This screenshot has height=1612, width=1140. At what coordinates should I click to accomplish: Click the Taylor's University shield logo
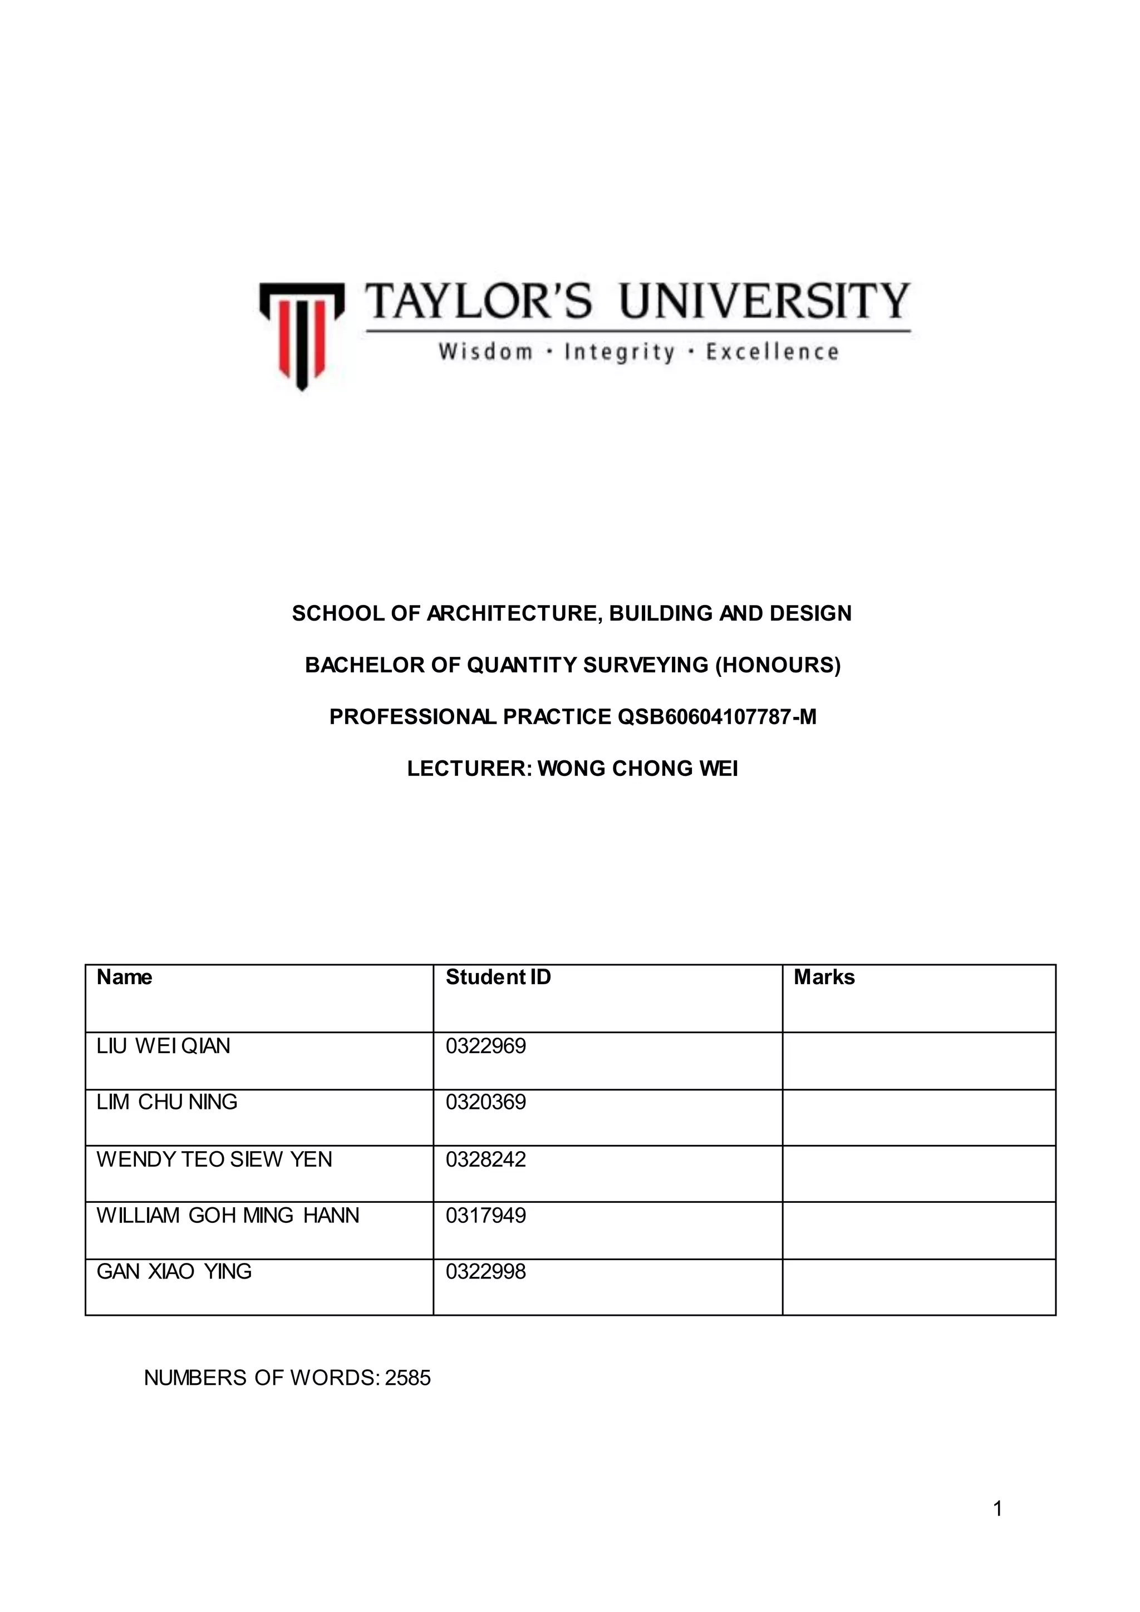tap(302, 333)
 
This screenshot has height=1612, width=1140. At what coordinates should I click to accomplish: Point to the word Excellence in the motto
tap(772, 352)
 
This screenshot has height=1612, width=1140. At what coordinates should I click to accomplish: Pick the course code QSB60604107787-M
tap(717, 717)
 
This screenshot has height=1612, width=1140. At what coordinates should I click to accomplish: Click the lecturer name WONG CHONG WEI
tap(637, 769)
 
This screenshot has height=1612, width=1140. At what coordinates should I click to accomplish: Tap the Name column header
tap(124, 977)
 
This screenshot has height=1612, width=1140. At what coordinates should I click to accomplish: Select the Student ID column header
tap(498, 977)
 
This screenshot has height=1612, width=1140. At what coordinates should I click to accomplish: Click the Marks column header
tap(824, 977)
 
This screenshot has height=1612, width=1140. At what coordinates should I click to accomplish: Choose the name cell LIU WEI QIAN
tap(164, 1046)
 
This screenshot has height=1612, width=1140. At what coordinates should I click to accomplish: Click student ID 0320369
tap(486, 1102)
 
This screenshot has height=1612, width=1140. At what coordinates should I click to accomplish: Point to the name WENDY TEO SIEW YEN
tap(214, 1159)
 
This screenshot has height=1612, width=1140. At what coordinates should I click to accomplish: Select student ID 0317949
tap(486, 1215)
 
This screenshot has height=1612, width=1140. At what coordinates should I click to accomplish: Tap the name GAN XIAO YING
tap(174, 1271)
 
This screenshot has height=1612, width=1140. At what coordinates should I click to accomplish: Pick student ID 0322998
tap(486, 1271)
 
